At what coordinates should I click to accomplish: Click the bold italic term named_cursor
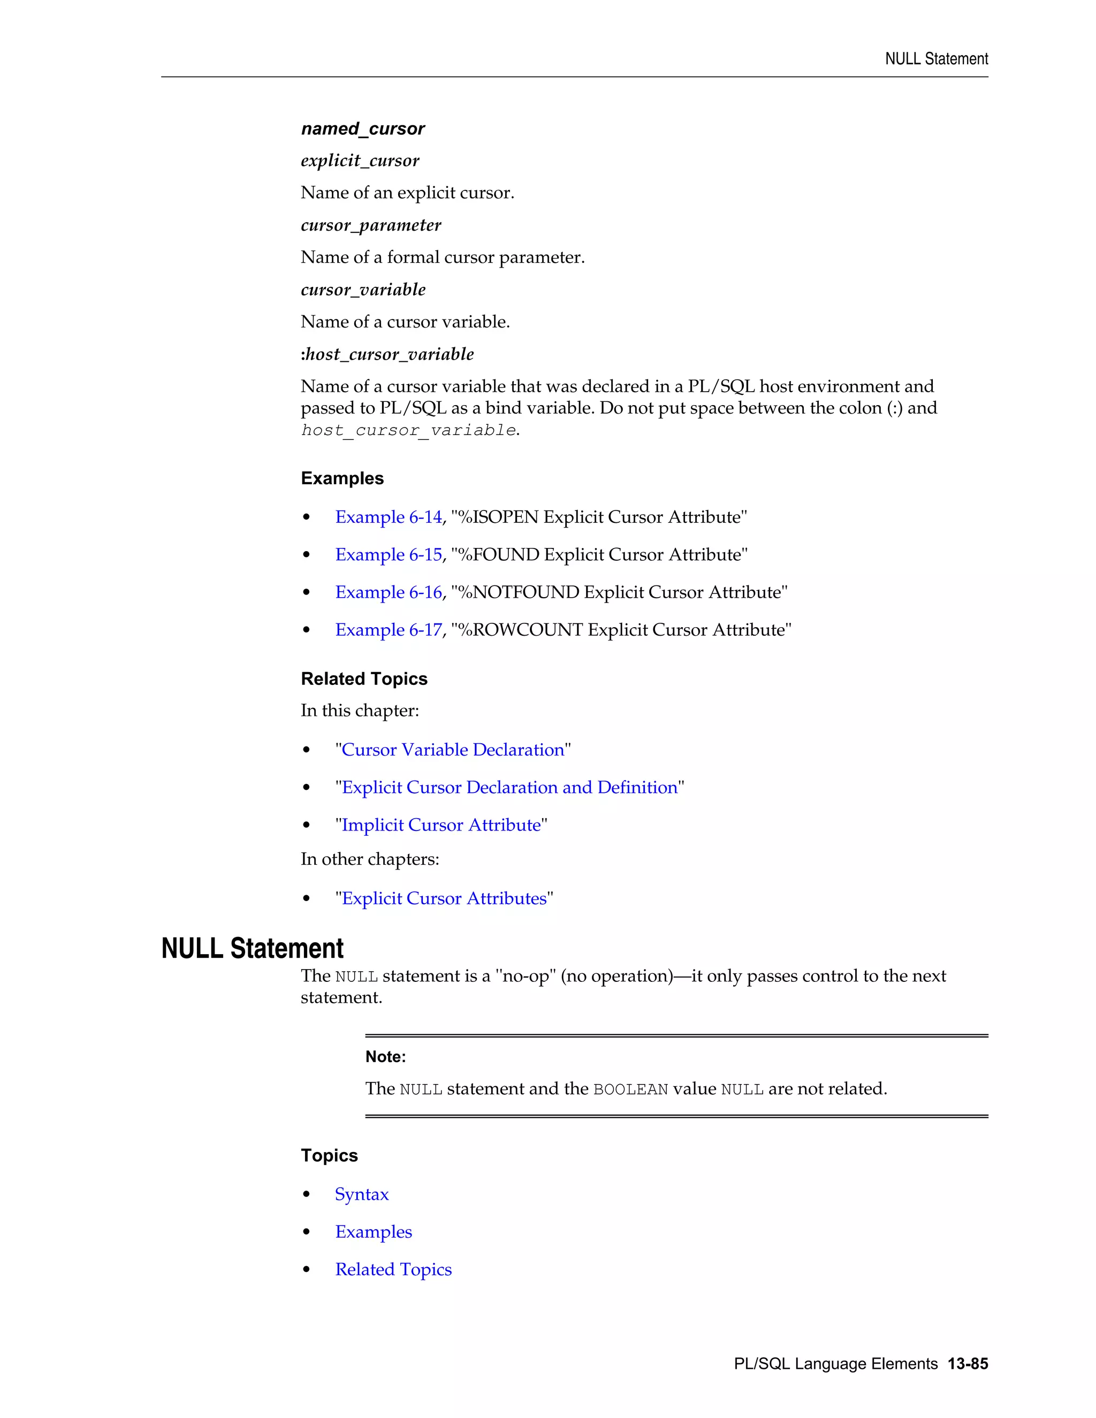362,128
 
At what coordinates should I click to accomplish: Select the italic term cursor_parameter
371,225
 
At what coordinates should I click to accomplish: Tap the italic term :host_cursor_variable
387,354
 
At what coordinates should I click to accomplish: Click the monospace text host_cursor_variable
408,430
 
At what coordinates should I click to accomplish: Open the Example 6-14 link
389,517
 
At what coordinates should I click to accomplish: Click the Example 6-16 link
389,593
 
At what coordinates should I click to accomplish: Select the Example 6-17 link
389,630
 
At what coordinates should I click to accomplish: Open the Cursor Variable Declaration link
453,750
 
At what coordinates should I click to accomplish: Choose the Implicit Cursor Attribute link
441,825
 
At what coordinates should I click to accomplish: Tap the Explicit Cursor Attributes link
444,898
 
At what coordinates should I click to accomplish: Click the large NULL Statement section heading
252,949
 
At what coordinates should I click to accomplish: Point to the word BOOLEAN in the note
630,1089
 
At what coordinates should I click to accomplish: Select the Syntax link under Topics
362,1195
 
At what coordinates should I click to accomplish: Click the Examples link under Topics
374,1232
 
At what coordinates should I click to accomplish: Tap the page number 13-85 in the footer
968,1364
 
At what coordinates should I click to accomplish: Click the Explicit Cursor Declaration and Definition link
509,788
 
